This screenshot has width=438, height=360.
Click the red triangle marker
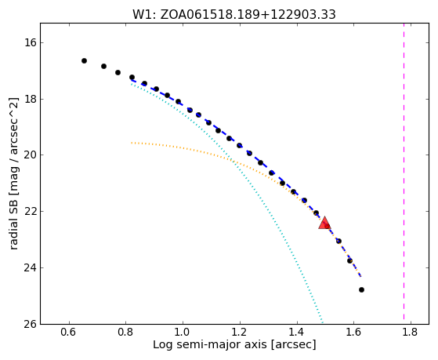[324, 223]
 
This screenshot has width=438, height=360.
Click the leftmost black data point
[84, 60]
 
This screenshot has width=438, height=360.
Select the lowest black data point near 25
[361, 289]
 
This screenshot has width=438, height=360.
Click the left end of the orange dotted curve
[132, 143]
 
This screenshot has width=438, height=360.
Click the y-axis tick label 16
[31, 43]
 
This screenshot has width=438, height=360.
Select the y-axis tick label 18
[31, 99]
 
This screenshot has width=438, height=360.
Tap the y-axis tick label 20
[31, 155]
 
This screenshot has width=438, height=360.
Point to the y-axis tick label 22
[31, 212]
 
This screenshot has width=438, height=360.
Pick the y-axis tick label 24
[31, 267]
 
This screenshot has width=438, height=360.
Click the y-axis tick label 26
[31, 324]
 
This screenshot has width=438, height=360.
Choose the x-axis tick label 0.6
[69, 332]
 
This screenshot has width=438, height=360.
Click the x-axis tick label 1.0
[183, 332]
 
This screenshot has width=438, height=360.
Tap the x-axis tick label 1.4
[297, 332]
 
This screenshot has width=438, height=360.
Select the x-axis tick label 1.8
[411, 332]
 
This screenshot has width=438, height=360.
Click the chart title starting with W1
[234, 14]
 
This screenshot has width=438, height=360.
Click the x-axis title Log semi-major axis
[234, 345]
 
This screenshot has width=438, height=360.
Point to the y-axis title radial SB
[14, 174]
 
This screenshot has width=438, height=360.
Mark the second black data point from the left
[103, 67]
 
